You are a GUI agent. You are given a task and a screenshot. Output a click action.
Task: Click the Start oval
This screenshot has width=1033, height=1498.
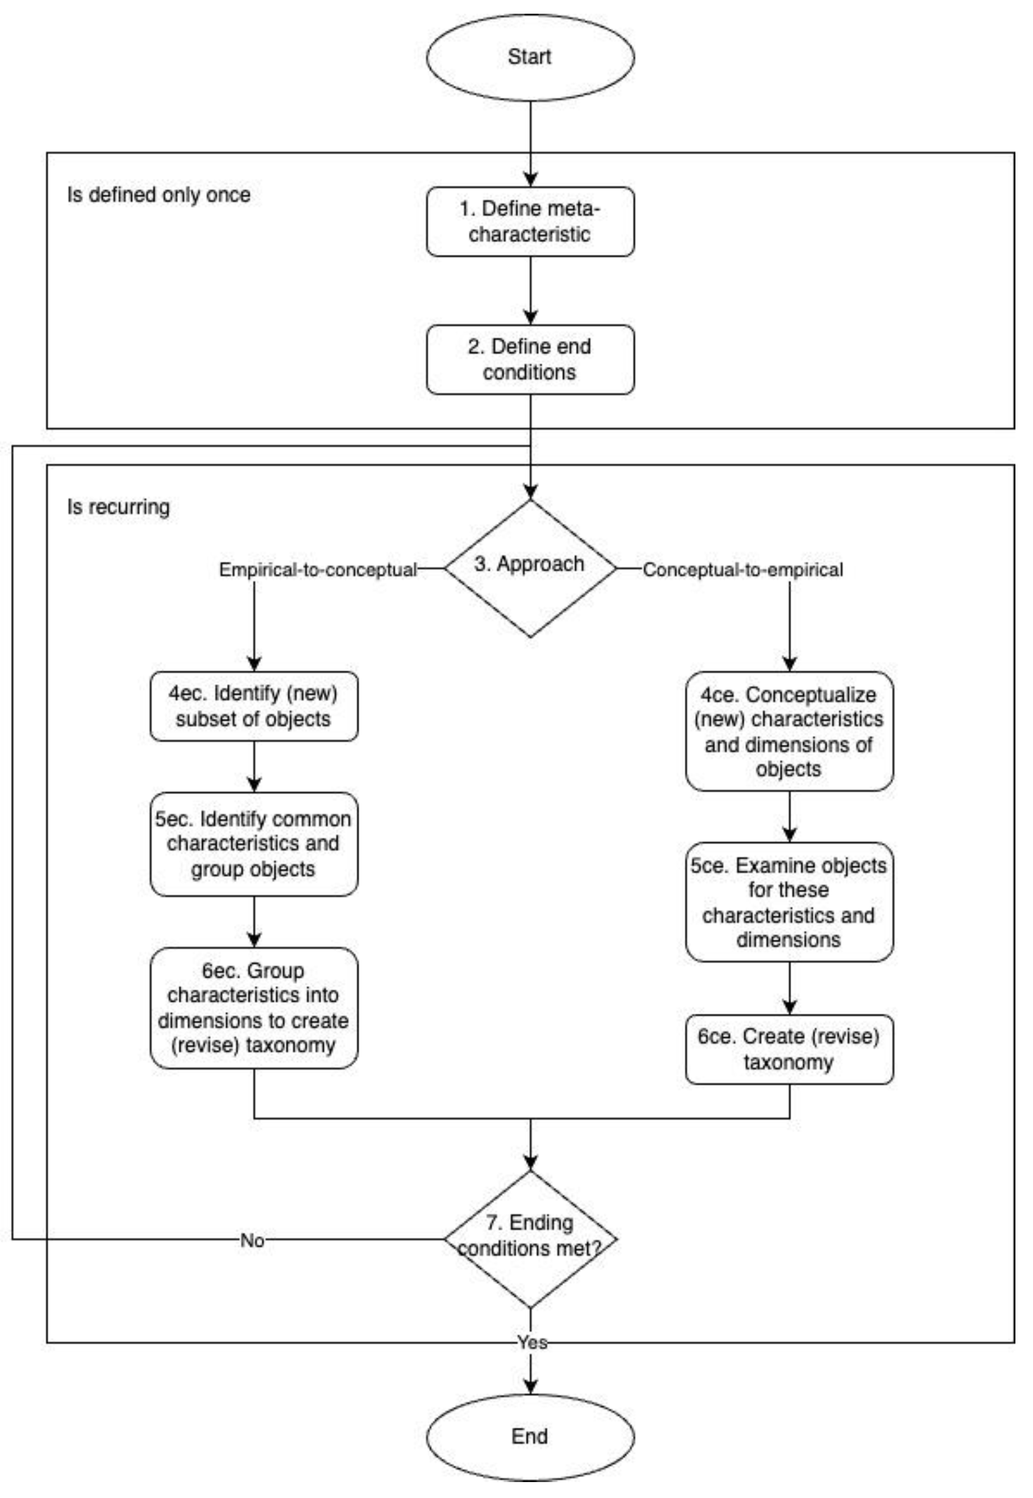[530, 58]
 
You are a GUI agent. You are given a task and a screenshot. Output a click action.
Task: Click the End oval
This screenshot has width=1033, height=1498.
[530, 1436]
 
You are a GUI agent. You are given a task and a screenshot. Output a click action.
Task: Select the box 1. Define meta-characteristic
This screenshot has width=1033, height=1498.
[530, 222]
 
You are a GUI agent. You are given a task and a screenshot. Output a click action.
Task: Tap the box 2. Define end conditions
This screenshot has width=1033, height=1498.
[530, 360]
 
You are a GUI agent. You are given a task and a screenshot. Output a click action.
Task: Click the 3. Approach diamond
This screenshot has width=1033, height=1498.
[530, 568]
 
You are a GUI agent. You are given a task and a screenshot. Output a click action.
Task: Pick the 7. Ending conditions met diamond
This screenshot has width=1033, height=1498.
[530, 1239]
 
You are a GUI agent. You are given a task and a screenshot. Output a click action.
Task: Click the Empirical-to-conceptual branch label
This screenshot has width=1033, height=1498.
[318, 570]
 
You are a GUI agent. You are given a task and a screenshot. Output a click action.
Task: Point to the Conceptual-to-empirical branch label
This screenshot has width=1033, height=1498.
[742, 570]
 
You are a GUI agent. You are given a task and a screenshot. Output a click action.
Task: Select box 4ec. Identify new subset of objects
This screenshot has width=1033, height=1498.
[254, 706]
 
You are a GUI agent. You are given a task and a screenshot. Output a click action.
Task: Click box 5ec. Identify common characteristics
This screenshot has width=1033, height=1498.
[254, 844]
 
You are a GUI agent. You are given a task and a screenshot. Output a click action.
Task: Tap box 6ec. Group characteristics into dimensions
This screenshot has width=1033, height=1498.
[254, 1008]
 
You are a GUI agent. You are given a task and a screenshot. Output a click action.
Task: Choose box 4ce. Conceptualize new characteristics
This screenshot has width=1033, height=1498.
[789, 731]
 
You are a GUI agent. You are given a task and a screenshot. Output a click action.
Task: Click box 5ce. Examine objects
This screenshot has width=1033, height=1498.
[789, 902]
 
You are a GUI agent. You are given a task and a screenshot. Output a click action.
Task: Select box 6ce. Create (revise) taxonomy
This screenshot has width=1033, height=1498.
[789, 1049]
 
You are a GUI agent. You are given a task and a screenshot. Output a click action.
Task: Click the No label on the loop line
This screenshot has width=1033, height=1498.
[252, 1240]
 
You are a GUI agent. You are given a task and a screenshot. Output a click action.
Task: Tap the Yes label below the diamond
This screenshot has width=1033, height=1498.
[531, 1343]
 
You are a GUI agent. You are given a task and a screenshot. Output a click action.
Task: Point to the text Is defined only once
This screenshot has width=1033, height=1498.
[159, 195]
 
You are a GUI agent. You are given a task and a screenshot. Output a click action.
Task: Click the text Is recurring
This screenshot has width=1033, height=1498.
[119, 507]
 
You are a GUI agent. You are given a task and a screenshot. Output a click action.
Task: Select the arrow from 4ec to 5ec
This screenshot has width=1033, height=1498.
[254, 767]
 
